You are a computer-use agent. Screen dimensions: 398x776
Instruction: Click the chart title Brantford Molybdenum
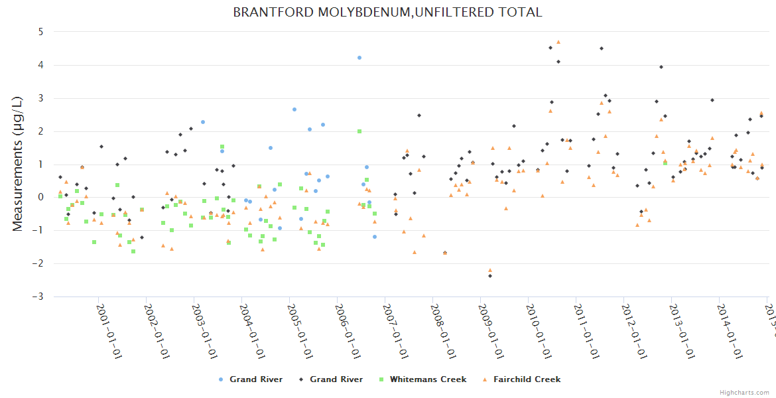click(387, 13)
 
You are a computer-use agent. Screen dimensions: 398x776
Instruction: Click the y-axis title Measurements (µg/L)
click(18, 163)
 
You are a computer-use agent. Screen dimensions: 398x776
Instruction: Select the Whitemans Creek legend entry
click(428, 379)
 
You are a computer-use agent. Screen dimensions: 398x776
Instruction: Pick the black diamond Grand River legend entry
click(336, 379)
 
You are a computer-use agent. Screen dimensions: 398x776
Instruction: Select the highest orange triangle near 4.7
click(558, 42)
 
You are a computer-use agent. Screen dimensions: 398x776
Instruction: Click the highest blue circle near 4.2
click(359, 58)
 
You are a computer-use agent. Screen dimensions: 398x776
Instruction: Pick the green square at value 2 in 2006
click(359, 131)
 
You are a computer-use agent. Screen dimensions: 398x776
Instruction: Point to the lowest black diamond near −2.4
click(490, 275)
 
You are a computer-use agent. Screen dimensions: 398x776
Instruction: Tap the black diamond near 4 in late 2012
click(661, 67)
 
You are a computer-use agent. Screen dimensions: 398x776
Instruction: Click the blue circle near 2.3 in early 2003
click(203, 122)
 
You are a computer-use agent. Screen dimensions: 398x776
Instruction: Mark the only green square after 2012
click(665, 163)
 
